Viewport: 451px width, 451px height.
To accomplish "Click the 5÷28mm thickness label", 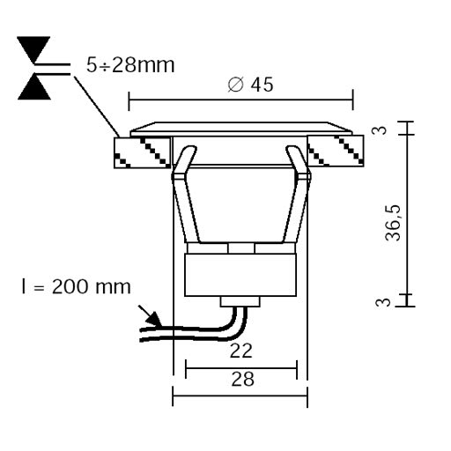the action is tap(130, 65).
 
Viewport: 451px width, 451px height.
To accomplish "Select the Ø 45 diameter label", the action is tap(250, 85).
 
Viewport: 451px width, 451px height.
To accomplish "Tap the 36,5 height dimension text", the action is tap(393, 223).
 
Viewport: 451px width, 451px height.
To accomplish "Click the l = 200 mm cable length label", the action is tap(76, 286).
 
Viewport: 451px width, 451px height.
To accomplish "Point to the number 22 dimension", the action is tap(240, 351).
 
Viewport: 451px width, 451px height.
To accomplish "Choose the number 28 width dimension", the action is tap(242, 379).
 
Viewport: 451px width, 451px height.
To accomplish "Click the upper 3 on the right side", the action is tap(381, 129).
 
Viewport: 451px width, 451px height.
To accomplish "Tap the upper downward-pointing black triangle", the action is tap(33, 48).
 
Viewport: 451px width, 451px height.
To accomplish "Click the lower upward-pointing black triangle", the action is tap(34, 87).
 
